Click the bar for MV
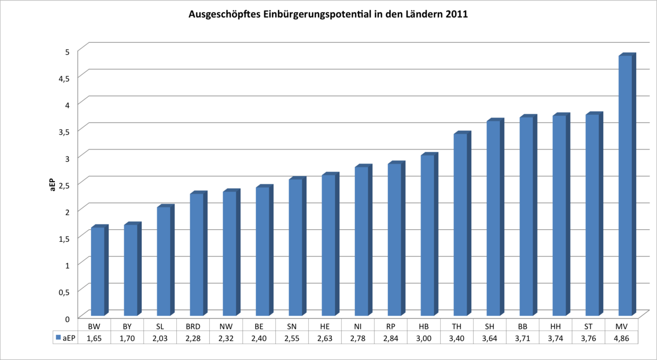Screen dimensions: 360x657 point(625,186)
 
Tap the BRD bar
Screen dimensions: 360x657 point(197,255)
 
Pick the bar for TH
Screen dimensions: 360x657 point(460,225)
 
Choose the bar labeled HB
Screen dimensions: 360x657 point(428,236)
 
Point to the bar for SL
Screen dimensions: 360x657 point(164,262)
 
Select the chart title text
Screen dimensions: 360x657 point(328,15)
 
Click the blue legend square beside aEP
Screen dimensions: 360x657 point(57,339)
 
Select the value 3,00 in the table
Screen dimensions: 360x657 point(424,339)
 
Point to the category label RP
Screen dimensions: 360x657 point(391,327)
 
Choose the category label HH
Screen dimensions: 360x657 point(556,327)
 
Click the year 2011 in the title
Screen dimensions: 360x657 point(456,15)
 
